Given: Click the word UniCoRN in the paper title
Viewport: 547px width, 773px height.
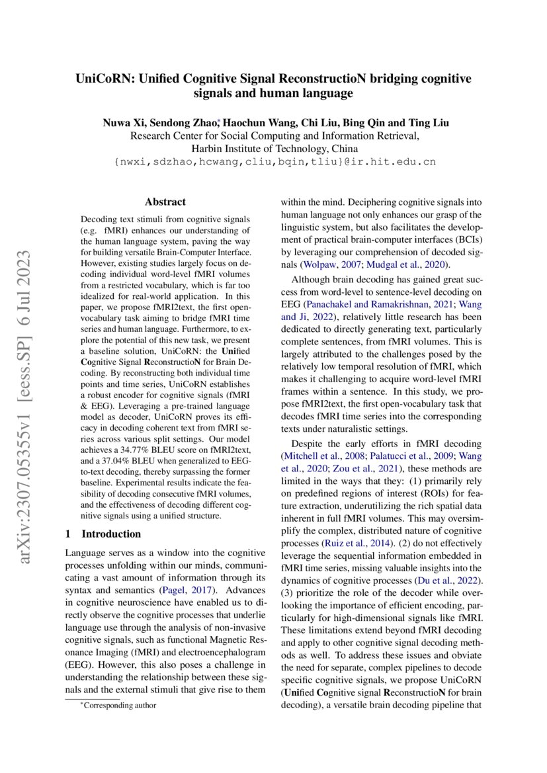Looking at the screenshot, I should coord(103,79).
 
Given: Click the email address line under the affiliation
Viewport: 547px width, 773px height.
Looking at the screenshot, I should coord(274,161).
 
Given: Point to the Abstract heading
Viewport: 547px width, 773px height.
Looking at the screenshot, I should coord(165,202).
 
